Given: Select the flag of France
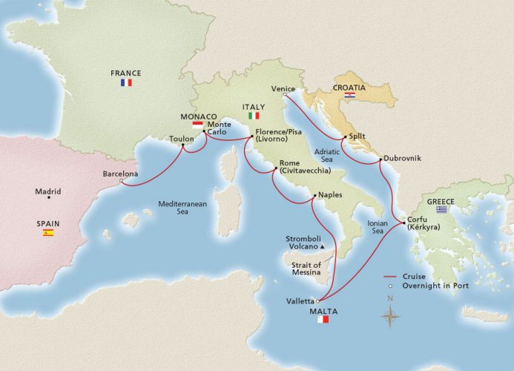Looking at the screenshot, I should tap(125, 83).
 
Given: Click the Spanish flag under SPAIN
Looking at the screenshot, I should tap(47, 233).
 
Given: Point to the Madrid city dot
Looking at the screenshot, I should tap(49, 197).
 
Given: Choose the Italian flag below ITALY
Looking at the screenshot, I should tap(254, 116).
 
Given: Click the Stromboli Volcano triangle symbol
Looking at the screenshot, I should tap(323, 246).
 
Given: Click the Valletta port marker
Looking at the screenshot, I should tap(317, 301).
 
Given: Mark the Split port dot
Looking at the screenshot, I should tap(342, 137).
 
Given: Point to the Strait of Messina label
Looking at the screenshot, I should tap(306, 269).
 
